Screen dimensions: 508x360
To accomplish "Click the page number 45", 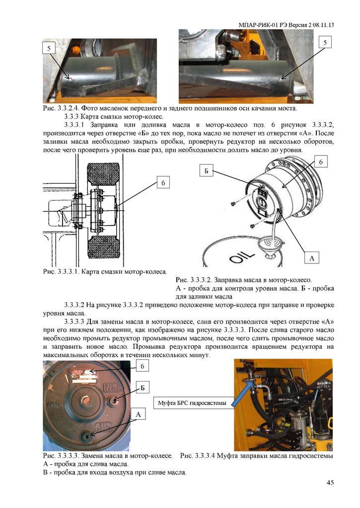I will pyautogui.click(x=329, y=483).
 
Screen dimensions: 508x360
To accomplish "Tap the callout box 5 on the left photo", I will pyautogui.click(x=49, y=48).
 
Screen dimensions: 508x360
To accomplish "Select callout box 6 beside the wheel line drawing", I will pyautogui.click(x=162, y=184).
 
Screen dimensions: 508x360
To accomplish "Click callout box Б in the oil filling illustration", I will pyautogui.click(x=208, y=172).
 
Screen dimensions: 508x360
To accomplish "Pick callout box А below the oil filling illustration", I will pyautogui.click(x=311, y=258).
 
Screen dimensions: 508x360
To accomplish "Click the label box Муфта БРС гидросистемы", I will pyautogui.click(x=191, y=403).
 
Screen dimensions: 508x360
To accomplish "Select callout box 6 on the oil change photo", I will pyautogui.click(x=142, y=366).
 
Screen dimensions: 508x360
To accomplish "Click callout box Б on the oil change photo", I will pyautogui.click(x=142, y=387).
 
